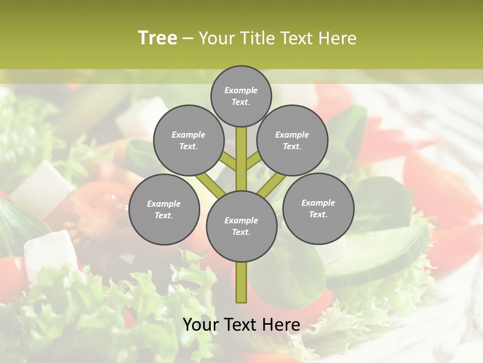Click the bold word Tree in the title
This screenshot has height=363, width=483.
click(x=157, y=38)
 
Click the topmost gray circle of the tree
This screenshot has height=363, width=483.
click(x=241, y=96)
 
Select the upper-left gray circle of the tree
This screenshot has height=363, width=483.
click(x=188, y=140)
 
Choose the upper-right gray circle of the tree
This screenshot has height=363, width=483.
click(x=292, y=140)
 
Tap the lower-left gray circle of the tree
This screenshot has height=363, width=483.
click(x=164, y=209)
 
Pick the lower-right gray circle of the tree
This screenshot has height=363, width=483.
click(x=318, y=208)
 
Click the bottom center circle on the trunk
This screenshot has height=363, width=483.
click(x=242, y=226)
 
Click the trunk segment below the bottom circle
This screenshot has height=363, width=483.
click(x=242, y=282)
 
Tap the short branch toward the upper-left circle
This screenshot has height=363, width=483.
click(x=229, y=162)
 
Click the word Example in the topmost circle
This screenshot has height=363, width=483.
click(x=241, y=90)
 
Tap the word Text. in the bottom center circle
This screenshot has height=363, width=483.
click(x=241, y=232)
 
